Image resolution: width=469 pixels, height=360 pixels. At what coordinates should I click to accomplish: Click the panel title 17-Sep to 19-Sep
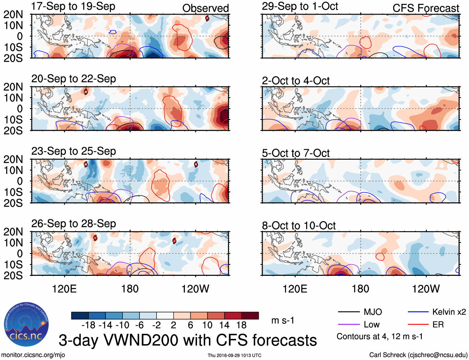pos(73,6)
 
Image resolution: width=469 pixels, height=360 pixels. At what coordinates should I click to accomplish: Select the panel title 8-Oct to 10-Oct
pos(298,226)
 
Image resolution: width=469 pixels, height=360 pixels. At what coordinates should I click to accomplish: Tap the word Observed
pos(205,8)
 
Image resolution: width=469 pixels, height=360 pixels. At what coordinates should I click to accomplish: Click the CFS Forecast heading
pos(426,8)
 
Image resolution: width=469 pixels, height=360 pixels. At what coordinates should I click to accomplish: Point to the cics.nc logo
pos(26,324)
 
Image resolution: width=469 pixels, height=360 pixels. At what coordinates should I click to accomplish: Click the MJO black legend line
pos(348,312)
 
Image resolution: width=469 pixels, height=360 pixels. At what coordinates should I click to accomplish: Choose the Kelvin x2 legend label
pos(449,312)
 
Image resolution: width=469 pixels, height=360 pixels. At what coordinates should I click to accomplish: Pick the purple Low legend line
pos(348,325)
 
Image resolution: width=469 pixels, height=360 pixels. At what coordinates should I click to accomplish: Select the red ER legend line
pos(418,325)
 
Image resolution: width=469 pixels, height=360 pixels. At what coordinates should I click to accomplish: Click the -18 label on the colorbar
pos(89,325)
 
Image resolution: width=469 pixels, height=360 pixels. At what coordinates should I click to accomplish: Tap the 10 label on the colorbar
pos(207,325)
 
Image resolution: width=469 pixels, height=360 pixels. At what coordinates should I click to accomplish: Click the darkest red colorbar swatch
pos(250,316)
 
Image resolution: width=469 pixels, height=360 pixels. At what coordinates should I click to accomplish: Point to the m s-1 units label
pos(283,321)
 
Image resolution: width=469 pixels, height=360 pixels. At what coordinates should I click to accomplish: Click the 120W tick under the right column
pos(426,289)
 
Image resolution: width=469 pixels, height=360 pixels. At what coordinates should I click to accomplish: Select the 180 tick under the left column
pos(130,289)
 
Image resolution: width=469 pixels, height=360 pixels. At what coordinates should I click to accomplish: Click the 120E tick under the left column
pos(64,289)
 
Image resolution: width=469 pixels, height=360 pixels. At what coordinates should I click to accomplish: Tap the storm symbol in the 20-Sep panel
pos(86,92)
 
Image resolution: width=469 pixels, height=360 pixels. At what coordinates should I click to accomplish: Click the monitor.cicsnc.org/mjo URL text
pos(33,355)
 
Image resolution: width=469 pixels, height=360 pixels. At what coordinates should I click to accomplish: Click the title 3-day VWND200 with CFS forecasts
pos(188,340)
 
